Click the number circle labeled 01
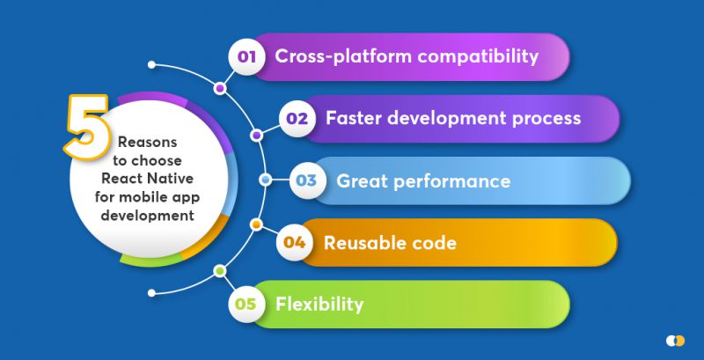pyautogui.click(x=246, y=57)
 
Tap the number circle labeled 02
pyautogui.click(x=297, y=118)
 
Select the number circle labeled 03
pyautogui.click(x=306, y=181)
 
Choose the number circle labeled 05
pyautogui.click(x=246, y=305)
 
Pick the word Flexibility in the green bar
pyautogui.click(x=319, y=305)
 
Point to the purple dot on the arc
pyautogui.click(x=256, y=136)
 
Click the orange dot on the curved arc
pyautogui.click(x=256, y=224)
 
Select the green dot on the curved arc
pyautogui.click(x=219, y=271)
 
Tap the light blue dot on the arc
pyautogui.click(x=265, y=180)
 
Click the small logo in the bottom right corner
pyautogui.click(x=675, y=340)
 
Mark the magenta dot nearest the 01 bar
pyautogui.click(x=219, y=89)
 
